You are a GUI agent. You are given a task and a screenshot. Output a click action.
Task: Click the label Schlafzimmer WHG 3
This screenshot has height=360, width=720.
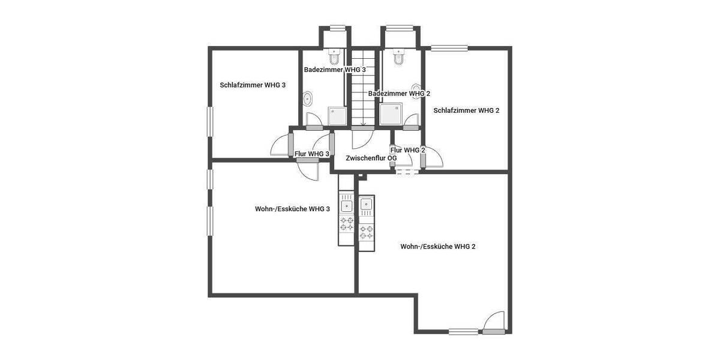click(x=253, y=85)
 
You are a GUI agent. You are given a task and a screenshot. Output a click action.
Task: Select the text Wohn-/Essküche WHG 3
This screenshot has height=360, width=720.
click(x=292, y=209)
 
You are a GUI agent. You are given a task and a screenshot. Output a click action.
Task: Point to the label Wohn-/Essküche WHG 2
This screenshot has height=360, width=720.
click(x=438, y=247)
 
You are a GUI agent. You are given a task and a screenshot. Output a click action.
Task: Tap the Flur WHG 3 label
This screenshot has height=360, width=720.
click(x=312, y=154)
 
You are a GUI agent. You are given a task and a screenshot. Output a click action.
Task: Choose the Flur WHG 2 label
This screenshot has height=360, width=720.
click(x=407, y=150)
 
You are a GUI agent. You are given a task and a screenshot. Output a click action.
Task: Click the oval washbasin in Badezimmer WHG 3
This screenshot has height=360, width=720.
click(x=308, y=99)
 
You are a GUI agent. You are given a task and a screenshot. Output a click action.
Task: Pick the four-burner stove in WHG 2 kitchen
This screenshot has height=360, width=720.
click(x=366, y=231)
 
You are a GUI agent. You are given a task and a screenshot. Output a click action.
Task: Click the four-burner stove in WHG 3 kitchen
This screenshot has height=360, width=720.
click(x=347, y=224)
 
